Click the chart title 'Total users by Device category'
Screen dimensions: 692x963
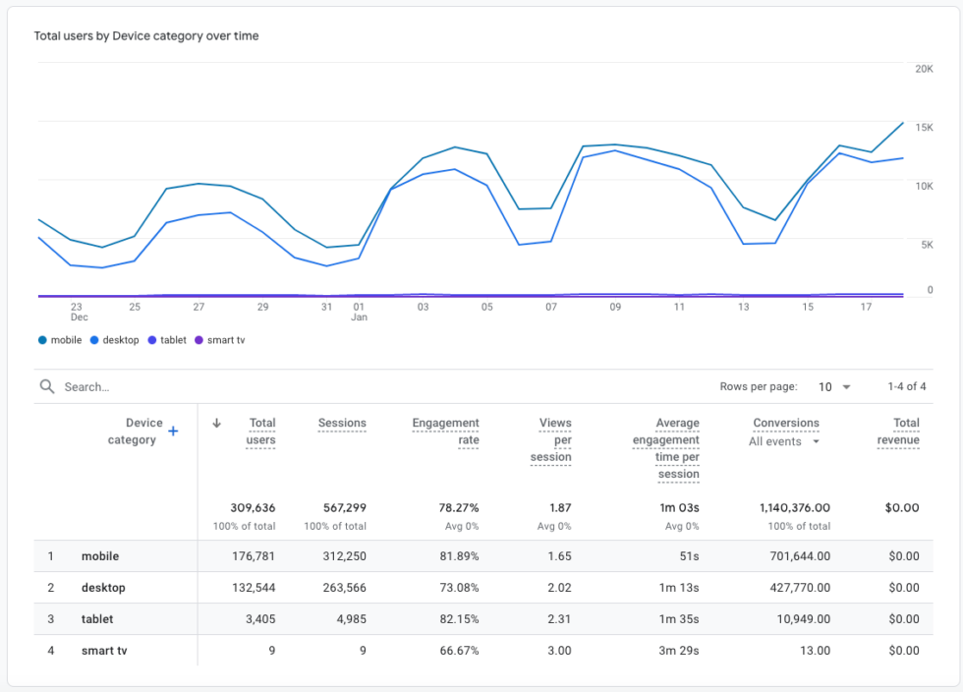(x=146, y=36)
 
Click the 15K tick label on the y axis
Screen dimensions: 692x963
(x=923, y=128)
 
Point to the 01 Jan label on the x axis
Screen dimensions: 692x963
(x=359, y=312)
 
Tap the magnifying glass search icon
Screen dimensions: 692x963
(x=47, y=386)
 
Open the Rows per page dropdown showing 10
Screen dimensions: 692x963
(x=834, y=387)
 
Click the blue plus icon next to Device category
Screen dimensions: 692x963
(x=173, y=431)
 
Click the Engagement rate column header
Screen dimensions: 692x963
(x=445, y=432)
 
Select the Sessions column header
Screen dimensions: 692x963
(x=342, y=424)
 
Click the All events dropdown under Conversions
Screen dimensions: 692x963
(x=784, y=442)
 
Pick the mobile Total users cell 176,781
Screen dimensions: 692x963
(x=254, y=556)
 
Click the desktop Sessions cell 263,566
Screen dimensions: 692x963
(x=345, y=588)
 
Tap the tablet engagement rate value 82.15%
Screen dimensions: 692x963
(x=458, y=619)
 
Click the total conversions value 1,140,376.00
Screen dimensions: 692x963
(x=794, y=508)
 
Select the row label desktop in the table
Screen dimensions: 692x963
(x=103, y=588)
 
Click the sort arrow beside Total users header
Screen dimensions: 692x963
(x=217, y=424)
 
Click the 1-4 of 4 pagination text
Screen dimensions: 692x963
(x=906, y=387)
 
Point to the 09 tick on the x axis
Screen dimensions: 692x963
(x=615, y=307)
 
